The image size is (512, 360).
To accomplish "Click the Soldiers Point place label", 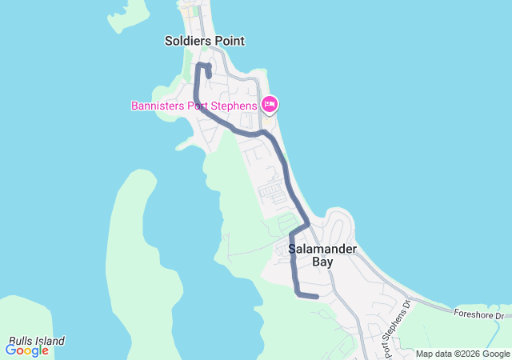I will click(204, 41).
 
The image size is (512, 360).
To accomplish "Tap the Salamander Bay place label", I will click(322, 255).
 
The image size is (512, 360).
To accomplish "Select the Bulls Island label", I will click(37, 341).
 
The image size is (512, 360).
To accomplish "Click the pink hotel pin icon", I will click(270, 104).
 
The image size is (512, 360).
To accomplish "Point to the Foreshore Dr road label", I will click(478, 315).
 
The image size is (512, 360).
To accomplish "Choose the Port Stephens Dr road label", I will click(395, 329).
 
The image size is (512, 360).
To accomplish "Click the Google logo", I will click(26, 350).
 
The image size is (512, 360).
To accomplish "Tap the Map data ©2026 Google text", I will click(462, 354).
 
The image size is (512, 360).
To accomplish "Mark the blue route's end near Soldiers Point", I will click(209, 77).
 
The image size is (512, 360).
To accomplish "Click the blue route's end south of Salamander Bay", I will click(317, 297).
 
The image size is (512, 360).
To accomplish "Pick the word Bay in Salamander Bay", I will click(322, 262).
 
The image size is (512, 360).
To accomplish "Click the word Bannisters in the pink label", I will click(158, 106).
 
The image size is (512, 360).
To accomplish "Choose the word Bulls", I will click(20, 341).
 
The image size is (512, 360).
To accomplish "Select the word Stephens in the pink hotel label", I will click(234, 106).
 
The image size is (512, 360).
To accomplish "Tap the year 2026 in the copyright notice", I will click(469, 354).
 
